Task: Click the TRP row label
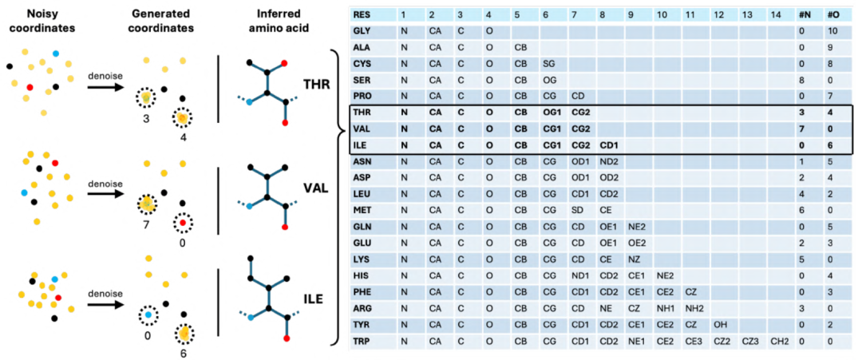(x=362, y=342)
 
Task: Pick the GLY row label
(x=362, y=32)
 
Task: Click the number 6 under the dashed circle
(x=183, y=352)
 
